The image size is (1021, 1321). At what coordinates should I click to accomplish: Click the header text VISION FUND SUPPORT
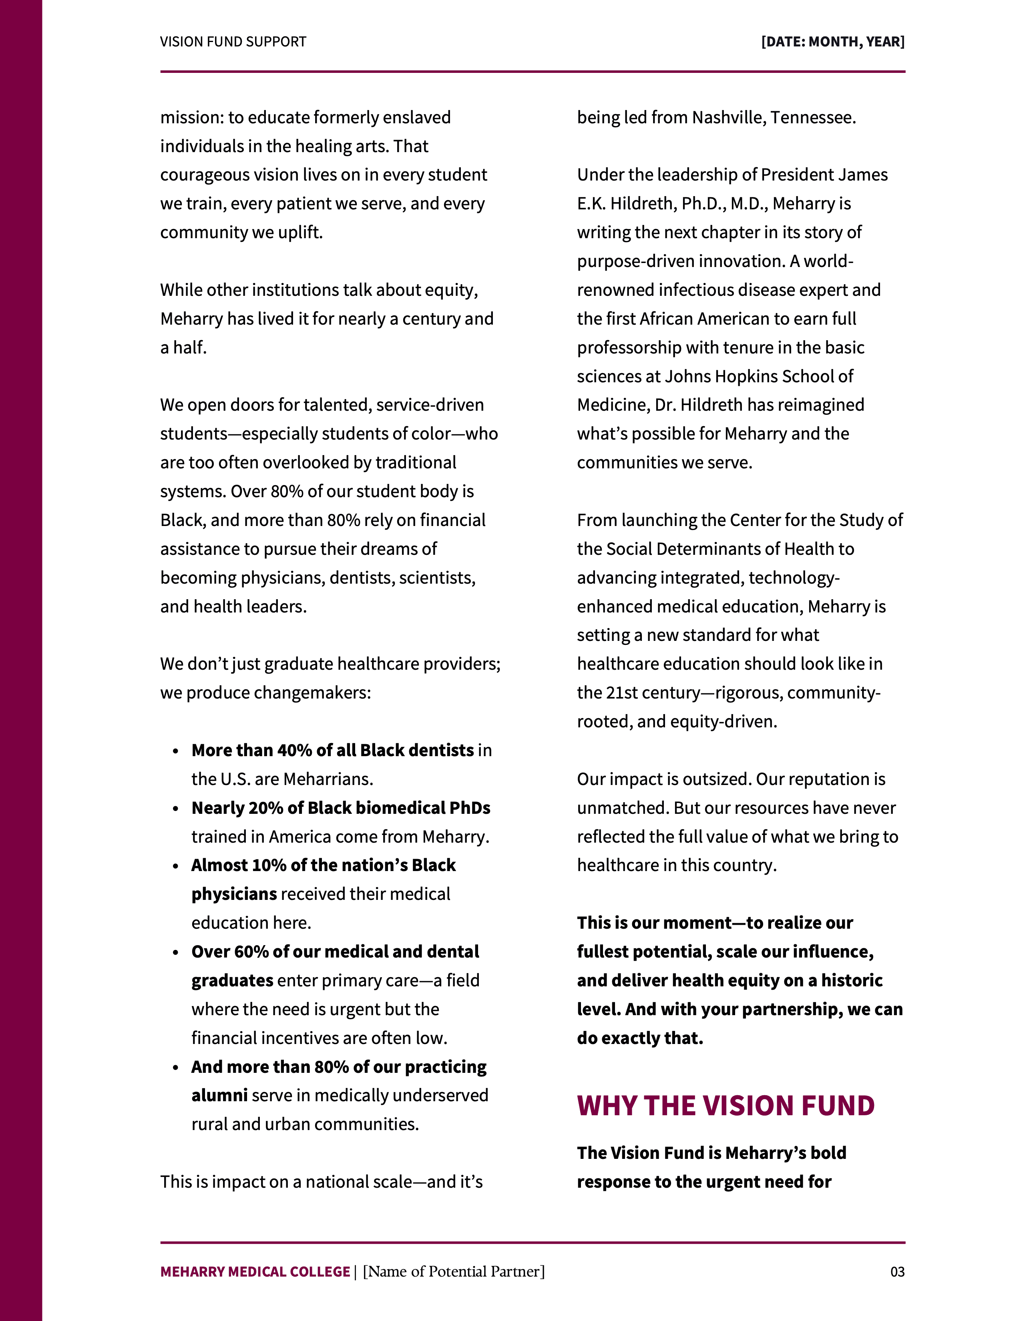click(x=233, y=42)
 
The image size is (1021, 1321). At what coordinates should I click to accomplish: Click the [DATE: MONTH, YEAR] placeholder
click(x=832, y=42)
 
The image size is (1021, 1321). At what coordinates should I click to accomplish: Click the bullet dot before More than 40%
click(x=175, y=751)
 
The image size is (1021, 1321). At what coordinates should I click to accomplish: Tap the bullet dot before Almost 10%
click(x=175, y=866)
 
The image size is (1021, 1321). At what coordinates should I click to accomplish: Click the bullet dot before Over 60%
click(x=175, y=953)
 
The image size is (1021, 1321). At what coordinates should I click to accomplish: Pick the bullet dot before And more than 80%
click(x=175, y=1068)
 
